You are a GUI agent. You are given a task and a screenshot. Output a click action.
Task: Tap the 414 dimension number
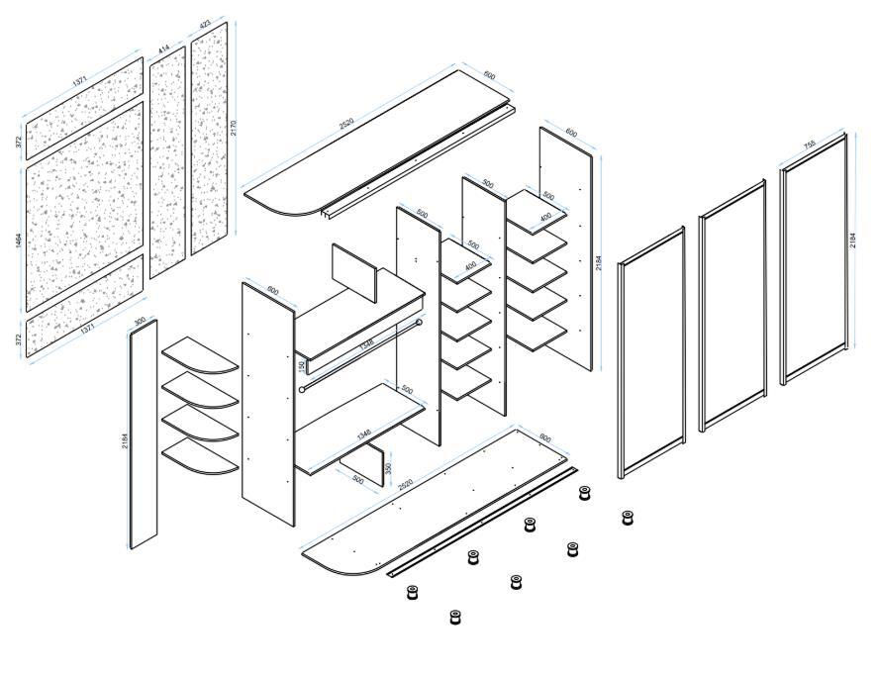163,48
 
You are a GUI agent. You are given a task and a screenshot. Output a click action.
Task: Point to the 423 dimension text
205,24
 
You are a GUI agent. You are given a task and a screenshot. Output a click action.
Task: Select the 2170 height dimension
235,128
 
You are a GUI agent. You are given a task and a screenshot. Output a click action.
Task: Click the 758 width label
809,145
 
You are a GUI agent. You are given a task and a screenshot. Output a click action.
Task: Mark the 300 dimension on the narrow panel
140,321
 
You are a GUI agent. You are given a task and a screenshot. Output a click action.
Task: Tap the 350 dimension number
388,467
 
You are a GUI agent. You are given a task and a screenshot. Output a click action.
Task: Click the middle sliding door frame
732,307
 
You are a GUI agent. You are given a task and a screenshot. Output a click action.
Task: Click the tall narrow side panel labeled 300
144,435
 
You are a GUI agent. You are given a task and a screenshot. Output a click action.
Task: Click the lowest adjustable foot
455,618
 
